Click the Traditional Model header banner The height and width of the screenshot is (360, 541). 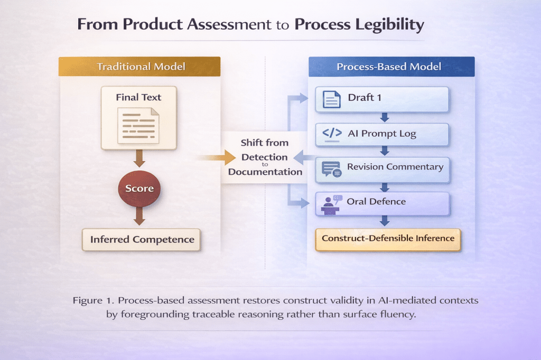point(139,66)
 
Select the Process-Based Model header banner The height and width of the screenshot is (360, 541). point(391,67)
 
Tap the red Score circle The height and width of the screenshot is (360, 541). point(139,188)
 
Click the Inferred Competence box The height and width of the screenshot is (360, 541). point(141,240)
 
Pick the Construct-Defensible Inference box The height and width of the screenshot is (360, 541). point(388,239)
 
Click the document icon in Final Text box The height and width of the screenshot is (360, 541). point(138,126)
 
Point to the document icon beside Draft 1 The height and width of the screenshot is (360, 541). point(332,99)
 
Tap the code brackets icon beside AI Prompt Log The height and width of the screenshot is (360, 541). point(332,134)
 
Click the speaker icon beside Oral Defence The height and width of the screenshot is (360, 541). point(331,205)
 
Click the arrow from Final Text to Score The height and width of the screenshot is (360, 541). point(139,158)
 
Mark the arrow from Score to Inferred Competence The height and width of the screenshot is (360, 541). point(139,216)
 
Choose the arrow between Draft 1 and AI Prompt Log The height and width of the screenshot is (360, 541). point(385,118)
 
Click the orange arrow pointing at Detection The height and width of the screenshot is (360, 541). point(217,158)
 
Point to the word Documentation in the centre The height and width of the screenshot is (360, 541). point(265,172)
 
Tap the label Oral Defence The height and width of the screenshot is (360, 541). point(376,202)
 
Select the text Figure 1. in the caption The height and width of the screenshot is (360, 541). point(93,301)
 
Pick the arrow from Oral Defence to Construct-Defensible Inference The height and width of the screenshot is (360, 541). point(385,221)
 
